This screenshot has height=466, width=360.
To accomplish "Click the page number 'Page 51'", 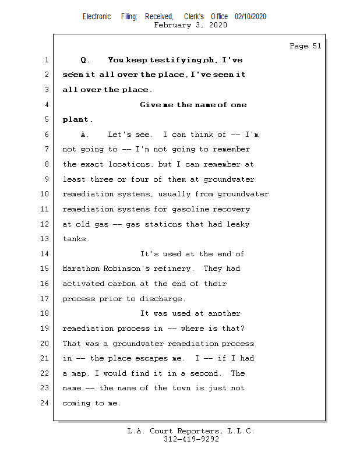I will (x=305, y=46).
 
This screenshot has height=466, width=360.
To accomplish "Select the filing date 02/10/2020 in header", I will (x=250, y=17).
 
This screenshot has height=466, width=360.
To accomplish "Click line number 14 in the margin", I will (x=45, y=254).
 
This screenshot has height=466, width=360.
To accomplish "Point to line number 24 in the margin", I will (x=45, y=403).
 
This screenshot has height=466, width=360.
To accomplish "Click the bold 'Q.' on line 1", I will (x=85, y=60).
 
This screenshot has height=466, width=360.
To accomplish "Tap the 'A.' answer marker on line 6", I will (x=85, y=135).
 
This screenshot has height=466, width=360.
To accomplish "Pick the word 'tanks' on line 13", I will (x=75, y=239).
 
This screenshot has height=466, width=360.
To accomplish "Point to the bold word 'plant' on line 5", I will (x=76, y=120).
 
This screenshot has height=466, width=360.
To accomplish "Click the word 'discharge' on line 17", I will (x=162, y=299).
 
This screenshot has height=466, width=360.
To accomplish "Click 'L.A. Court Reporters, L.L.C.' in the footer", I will (x=191, y=432).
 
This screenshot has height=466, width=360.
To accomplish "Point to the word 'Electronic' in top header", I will (x=97, y=17).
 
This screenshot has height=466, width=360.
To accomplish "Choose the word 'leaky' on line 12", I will (x=239, y=224).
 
